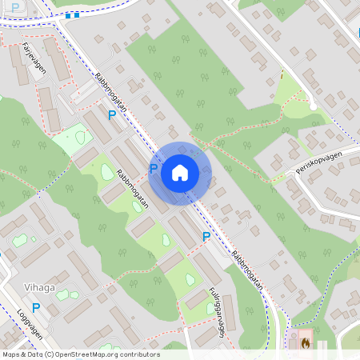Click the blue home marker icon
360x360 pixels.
180,173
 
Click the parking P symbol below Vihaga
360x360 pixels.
35,307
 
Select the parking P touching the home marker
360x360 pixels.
154,169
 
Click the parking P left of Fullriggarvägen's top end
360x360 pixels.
206,236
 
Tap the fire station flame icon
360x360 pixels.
305,341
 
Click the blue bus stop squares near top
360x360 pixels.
73,14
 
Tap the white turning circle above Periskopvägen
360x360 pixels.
314,106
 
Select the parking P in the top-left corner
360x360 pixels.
14,7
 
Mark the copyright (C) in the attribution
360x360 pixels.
50,354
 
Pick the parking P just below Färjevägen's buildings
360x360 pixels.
112,115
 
